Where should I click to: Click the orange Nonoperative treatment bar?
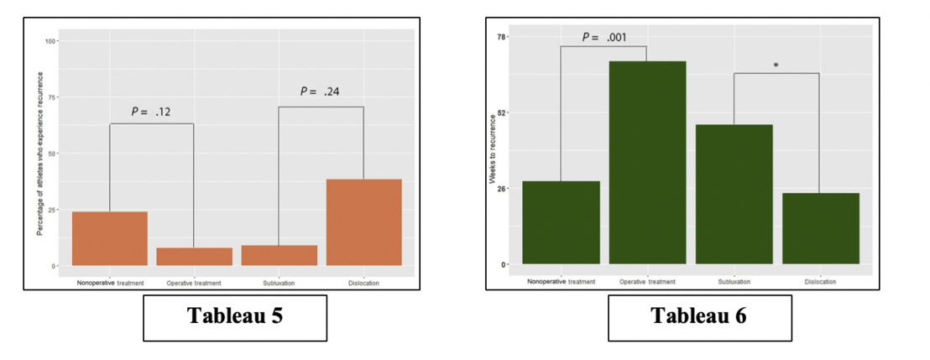point(110,238)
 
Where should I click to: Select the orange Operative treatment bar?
point(194,256)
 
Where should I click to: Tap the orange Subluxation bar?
point(279,255)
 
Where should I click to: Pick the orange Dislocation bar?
point(363,222)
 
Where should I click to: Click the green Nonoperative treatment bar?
point(561,222)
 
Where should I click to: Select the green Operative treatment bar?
point(647,163)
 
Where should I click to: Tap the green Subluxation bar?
point(734,194)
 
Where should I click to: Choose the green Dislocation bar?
point(820,228)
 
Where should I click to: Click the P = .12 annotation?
point(151,112)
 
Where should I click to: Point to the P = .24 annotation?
point(321,92)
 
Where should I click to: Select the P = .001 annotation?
point(604,37)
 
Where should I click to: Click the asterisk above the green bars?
point(776,65)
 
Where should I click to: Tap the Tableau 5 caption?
point(234,316)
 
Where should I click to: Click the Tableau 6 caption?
point(700,316)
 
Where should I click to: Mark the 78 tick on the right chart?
point(502,37)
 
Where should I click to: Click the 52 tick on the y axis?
point(502,112)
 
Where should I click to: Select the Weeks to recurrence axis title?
point(493,151)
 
